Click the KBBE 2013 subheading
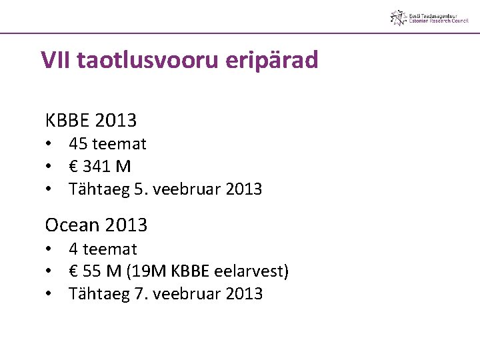(91, 121)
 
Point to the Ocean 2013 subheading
(96, 225)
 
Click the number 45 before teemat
(78, 144)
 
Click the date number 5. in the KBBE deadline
(140, 189)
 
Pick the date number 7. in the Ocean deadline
(140, 294)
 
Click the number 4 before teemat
(73, 249)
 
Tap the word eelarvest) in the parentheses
(250, 271)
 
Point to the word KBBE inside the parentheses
(191, 271)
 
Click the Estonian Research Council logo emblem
(398, 18)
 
